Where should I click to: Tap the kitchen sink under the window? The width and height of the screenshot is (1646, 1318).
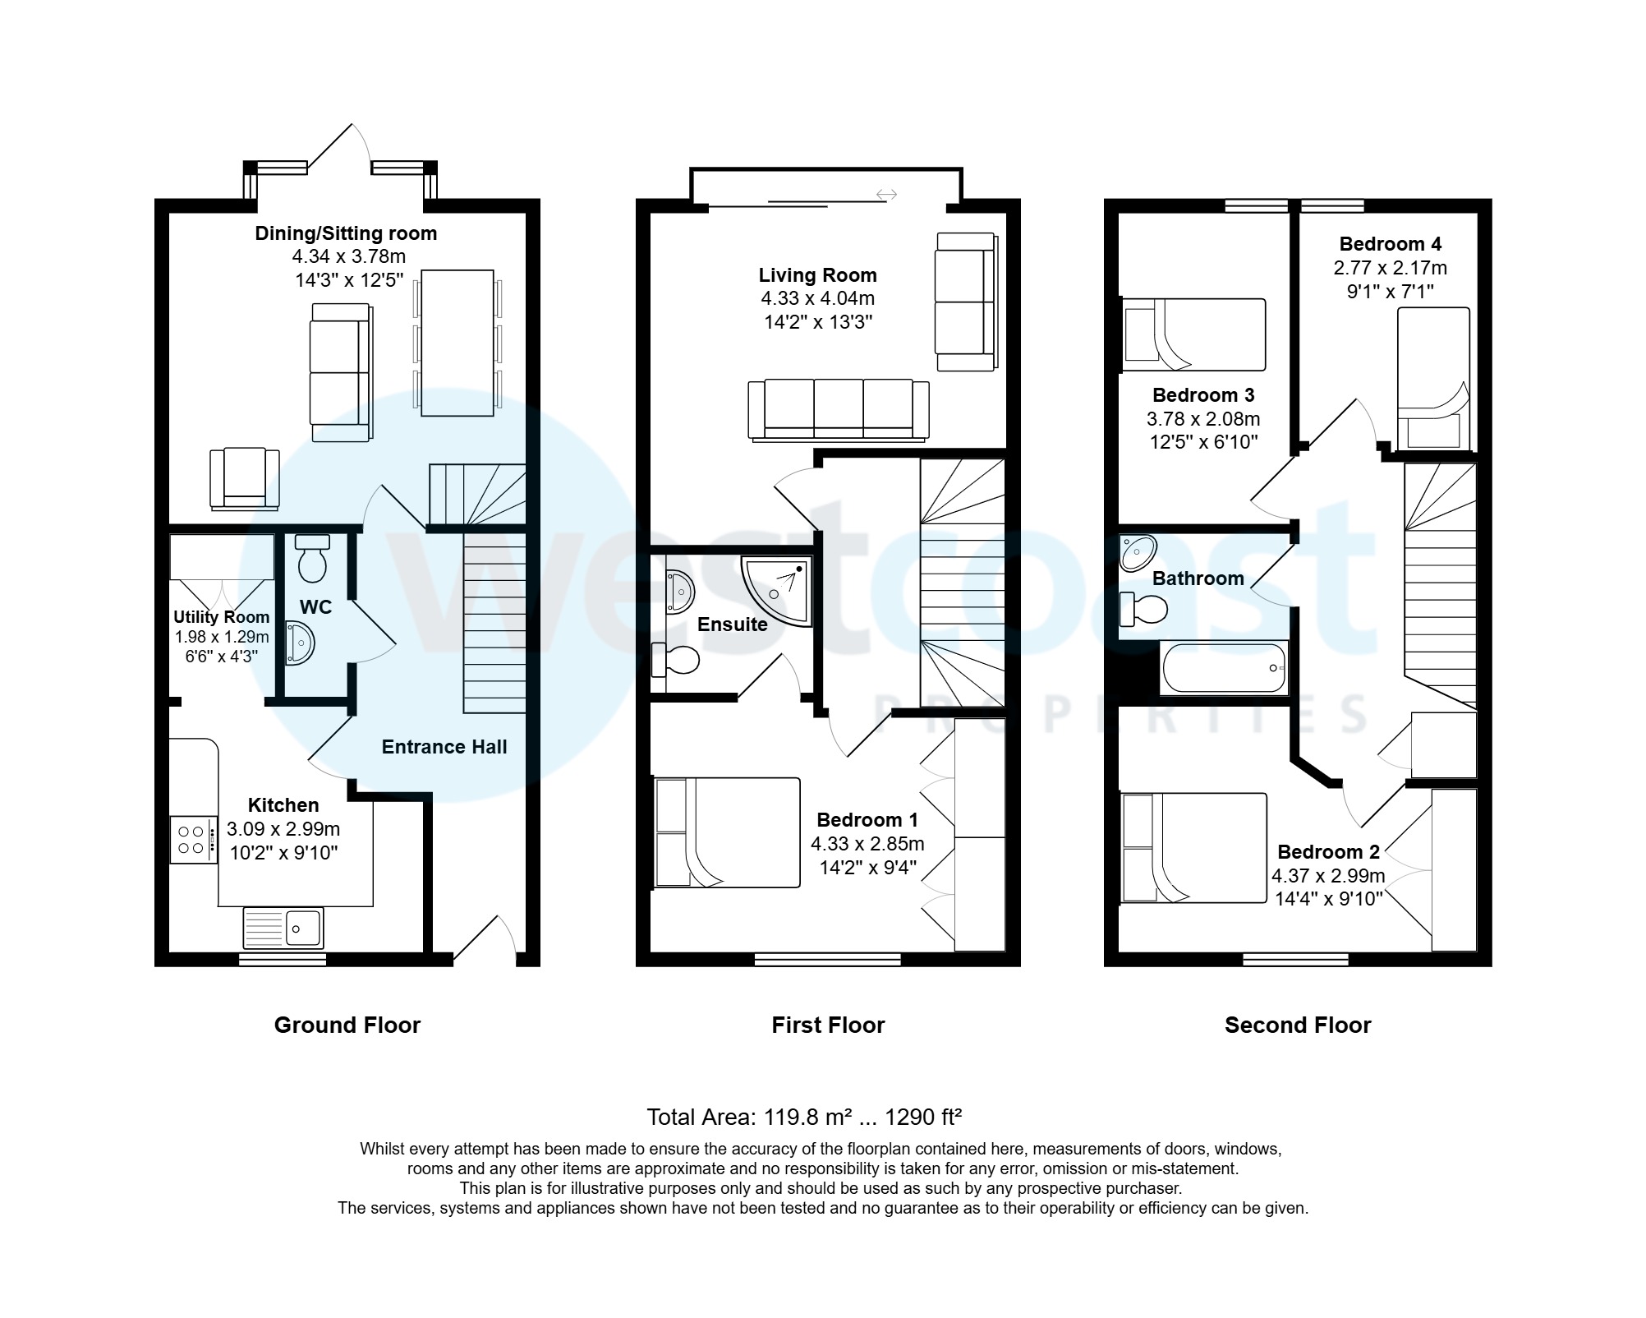pos(283,928)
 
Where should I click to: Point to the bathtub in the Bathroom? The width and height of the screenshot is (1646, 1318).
pos(1224,668)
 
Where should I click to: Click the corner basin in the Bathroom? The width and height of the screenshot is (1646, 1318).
pos(1138,552)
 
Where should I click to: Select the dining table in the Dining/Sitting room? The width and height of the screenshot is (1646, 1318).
pos(457,343)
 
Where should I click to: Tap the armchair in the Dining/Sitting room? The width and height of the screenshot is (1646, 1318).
pos(244,478)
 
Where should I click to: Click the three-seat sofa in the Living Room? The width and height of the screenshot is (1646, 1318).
pos(839,408)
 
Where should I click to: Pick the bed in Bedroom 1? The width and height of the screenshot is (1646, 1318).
pos(727,832)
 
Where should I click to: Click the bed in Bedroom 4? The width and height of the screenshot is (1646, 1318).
pos(1433,378)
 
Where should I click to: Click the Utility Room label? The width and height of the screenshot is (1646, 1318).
pos(221,617)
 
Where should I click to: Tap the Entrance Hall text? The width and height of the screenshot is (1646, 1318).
pos(444,747)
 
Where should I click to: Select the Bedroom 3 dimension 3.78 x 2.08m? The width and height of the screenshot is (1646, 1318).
pos(1203,419)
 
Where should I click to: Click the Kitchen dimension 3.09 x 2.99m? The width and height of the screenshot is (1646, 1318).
pos(283,829)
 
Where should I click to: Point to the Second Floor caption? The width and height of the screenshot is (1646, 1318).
pos(1298,1025)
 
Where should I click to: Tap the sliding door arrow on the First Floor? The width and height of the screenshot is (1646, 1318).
pos(886,195)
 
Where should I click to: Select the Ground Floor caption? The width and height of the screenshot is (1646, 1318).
pos(347,1025)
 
